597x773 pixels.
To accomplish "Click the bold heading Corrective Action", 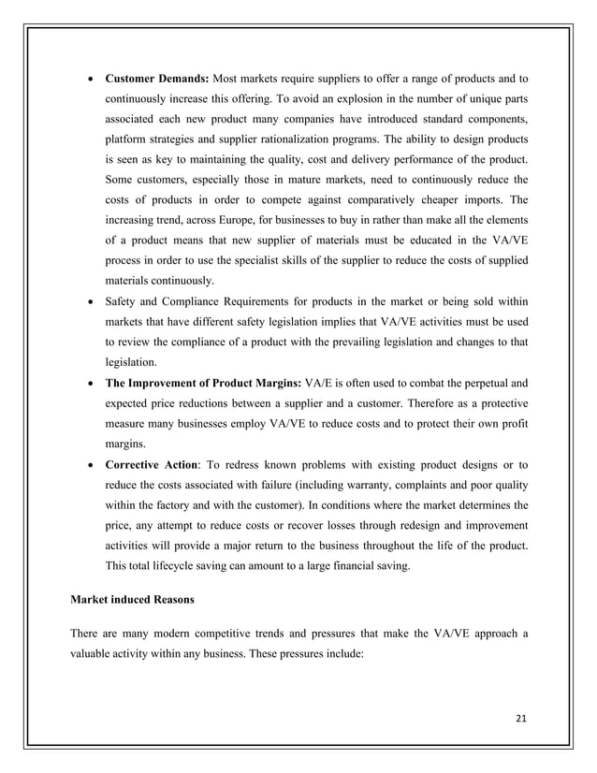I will click(x=154, y=463).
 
